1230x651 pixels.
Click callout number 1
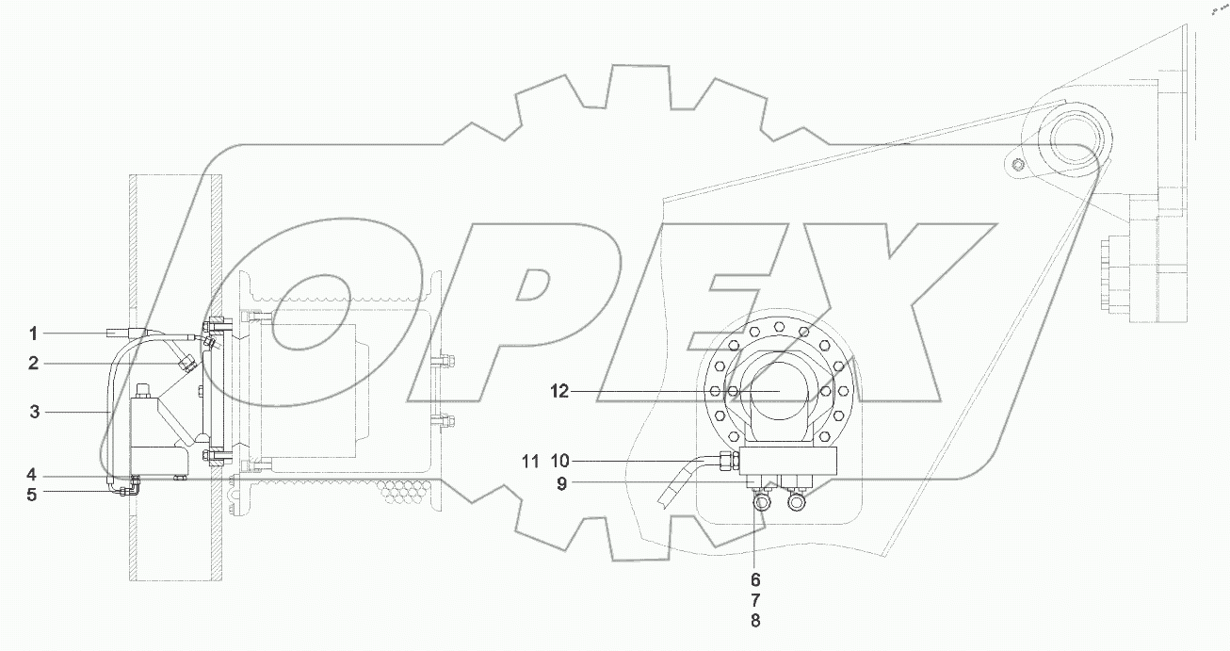(33, 333)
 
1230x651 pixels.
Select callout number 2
(33, 363)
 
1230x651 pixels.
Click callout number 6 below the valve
(755, 579)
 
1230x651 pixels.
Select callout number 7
(755, 600)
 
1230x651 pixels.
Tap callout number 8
(755, 621)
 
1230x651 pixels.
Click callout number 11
(529, 461)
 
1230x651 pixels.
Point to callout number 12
(560, 391)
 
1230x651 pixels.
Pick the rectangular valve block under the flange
(789, 461)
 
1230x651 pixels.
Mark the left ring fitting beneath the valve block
(761, 503)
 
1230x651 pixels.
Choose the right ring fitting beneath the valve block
(796, 503)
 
